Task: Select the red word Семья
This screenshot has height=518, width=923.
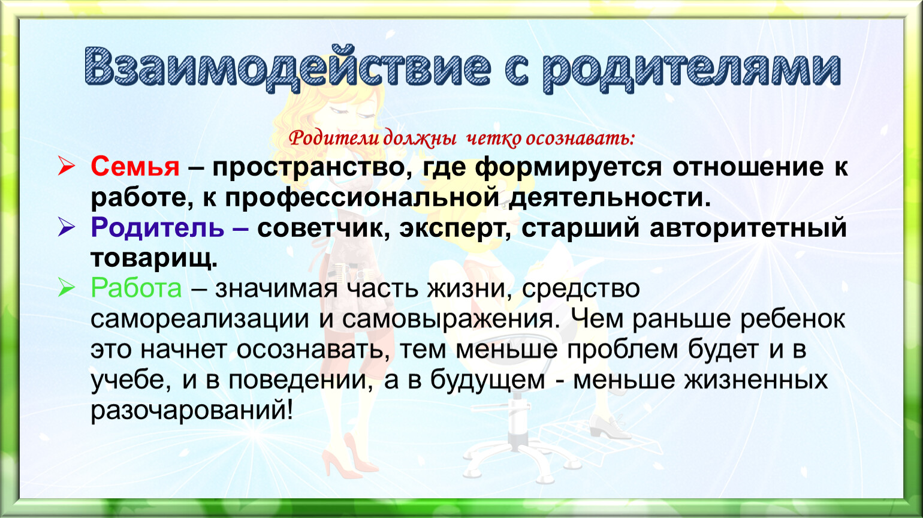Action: [135, 167]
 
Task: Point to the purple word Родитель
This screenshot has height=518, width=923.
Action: [158, 227]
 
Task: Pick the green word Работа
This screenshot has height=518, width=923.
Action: [136, 288]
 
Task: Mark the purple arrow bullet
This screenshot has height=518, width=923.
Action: [67, 227]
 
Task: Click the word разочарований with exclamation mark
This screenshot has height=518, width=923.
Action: [192, 411]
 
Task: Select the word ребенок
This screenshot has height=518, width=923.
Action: [792, 319]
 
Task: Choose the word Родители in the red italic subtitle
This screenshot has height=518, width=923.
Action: [334, 138]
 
